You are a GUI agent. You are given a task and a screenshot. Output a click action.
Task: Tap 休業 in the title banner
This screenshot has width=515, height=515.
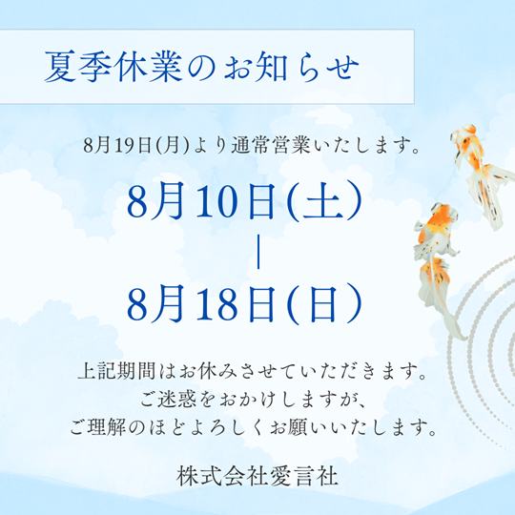click(x=151, y=67)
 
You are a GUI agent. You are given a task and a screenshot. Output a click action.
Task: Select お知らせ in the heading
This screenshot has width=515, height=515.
click(x=291, y=68)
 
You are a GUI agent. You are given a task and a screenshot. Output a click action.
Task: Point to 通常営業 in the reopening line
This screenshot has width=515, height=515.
click(x=271, y=145)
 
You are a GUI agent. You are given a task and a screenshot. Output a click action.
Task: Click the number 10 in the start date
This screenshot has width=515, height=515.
click(x=216, y=201)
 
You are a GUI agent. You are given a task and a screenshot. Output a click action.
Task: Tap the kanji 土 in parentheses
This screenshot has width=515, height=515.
click(x=323, y=201)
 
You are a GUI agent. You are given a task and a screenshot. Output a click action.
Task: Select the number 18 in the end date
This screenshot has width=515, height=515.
click(x=216, y=304)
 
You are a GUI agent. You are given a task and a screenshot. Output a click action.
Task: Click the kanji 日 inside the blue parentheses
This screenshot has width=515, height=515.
click(x=323, y=304)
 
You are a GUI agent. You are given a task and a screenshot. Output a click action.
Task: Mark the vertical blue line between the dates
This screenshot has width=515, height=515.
click(x=258, y=252)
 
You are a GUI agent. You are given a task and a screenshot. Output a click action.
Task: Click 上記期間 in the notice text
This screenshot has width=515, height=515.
click(x=116, y=371)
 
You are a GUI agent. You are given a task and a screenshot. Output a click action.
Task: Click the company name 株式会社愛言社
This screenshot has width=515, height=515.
click(x=257, y=477)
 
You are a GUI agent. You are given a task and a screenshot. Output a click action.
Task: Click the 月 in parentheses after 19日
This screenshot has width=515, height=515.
click(x=173, y=145)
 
